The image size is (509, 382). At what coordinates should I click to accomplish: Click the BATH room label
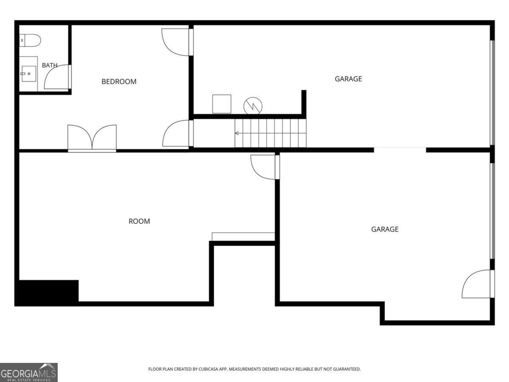pos(50,65)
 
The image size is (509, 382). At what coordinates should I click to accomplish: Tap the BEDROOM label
pos(119,81)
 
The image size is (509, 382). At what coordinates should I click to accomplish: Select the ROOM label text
pos(139,221)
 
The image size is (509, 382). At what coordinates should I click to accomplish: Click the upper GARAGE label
pos(348,79)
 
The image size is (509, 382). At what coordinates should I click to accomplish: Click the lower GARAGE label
pos(385,229)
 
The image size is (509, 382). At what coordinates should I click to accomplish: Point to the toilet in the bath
pos(30,40)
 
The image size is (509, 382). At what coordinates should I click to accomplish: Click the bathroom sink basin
pos(29,73)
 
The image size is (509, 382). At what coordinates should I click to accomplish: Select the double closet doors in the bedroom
pos(92,138)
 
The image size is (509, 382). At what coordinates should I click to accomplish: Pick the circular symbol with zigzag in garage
pos(253,106)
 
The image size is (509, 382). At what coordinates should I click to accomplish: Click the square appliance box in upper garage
pos(222,104)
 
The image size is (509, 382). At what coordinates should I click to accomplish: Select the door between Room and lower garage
pos(265,167)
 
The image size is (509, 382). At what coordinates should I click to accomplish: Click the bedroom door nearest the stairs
pos(178,133)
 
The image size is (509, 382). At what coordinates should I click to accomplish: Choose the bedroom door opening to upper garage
pos(177,42)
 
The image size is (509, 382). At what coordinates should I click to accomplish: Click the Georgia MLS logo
pos(29,372)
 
